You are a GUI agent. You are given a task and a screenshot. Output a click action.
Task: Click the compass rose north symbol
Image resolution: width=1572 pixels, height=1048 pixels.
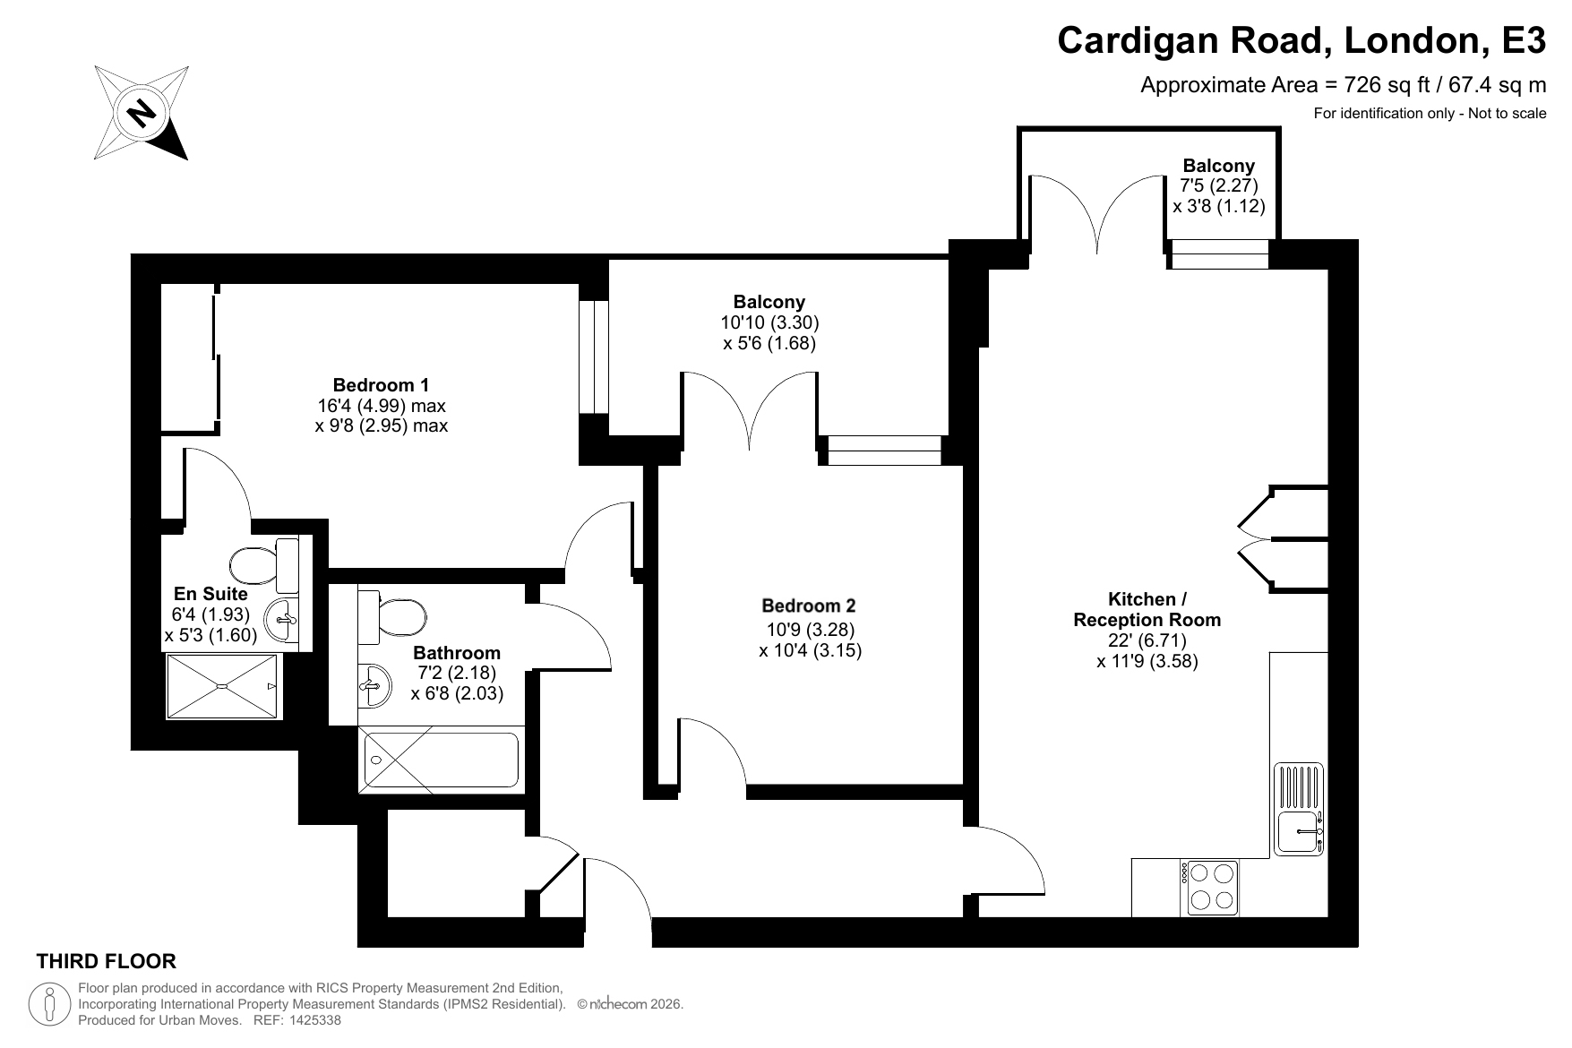[141, 113]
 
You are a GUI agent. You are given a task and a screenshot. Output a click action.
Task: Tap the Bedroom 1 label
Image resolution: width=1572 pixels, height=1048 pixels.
[381, 385]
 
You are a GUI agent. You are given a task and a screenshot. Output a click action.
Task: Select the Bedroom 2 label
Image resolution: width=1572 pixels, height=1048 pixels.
[810, 606]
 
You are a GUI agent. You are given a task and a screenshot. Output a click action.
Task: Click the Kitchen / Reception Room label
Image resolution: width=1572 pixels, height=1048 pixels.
[1147, 609]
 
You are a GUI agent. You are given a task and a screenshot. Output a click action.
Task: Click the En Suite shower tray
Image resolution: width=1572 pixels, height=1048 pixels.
[224, 686]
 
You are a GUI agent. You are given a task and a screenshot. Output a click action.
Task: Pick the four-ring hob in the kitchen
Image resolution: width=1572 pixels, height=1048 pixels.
[1213, 887]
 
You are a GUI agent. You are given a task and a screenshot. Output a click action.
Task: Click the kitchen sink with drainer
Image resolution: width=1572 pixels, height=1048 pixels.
[1299, 809]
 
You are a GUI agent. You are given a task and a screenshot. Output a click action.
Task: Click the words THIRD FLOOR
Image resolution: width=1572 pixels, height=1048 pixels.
[106, 962]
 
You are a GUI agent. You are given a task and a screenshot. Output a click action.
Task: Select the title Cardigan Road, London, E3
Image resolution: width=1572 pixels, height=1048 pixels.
[1301, 40]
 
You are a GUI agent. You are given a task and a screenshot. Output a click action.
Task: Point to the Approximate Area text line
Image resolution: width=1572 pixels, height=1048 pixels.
[1343, 85]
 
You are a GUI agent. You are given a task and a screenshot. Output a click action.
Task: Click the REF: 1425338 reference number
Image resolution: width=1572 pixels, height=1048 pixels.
[298, 1020]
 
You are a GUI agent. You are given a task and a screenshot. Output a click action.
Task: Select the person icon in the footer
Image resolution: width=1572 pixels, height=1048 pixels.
[51, 1003]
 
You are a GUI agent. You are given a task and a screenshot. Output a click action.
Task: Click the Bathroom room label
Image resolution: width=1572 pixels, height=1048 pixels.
[457, 653]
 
